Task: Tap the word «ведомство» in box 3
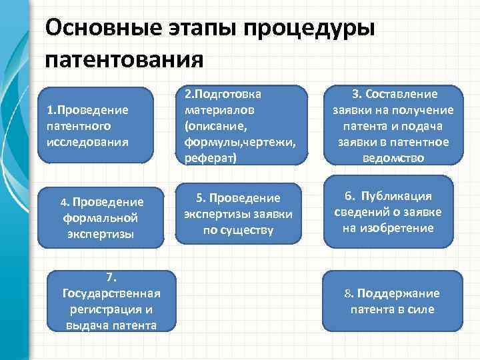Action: pos(392,157)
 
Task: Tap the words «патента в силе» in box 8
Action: pos(392,309)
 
